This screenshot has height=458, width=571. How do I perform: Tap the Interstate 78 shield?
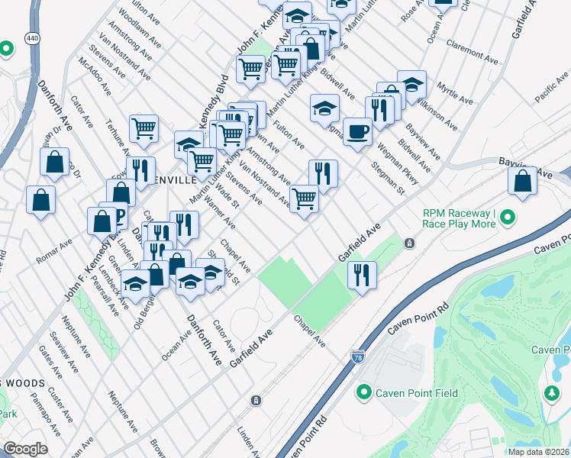(x=358, y=356)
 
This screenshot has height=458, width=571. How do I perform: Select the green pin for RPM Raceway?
(x=508, y=221)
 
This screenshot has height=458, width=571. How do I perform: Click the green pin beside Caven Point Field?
(x=364, y=393)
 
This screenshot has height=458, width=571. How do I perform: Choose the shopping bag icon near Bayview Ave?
(x=522, y=182)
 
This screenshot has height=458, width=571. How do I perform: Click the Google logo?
(x=26, y=449)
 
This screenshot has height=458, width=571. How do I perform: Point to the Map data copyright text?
(x=538, y=452)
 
